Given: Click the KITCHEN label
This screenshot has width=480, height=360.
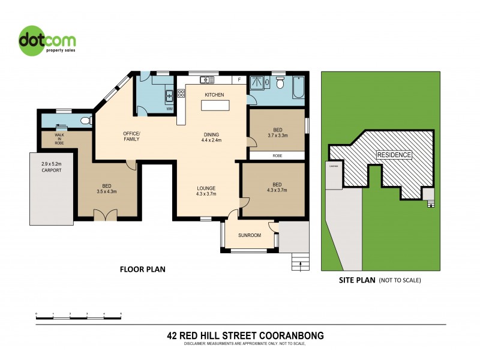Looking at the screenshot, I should click(214, 95).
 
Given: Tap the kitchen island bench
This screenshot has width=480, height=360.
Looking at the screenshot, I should click(215, 106).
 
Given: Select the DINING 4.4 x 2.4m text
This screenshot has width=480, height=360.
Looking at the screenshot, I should click(211, 137).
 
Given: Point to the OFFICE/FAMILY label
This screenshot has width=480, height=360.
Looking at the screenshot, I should click(131, 136).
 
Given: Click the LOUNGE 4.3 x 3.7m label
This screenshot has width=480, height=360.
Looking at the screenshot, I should click(206, 191).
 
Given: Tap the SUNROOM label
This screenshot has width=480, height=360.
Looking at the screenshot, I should click(249, 235).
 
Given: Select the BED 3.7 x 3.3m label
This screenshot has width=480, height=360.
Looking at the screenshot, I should click(277, 133).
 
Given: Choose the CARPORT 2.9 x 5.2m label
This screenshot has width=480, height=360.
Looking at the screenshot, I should click(52, 167).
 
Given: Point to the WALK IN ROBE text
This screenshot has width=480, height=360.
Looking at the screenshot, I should click(59, 139).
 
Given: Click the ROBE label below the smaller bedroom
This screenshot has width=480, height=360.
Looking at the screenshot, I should click(277, 155).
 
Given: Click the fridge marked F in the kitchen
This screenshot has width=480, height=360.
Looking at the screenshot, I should click(239, 80).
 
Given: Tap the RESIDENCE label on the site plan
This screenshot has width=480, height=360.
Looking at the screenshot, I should click(394, 155).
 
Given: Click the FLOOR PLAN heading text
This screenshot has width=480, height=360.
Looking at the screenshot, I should click(143, 269).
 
